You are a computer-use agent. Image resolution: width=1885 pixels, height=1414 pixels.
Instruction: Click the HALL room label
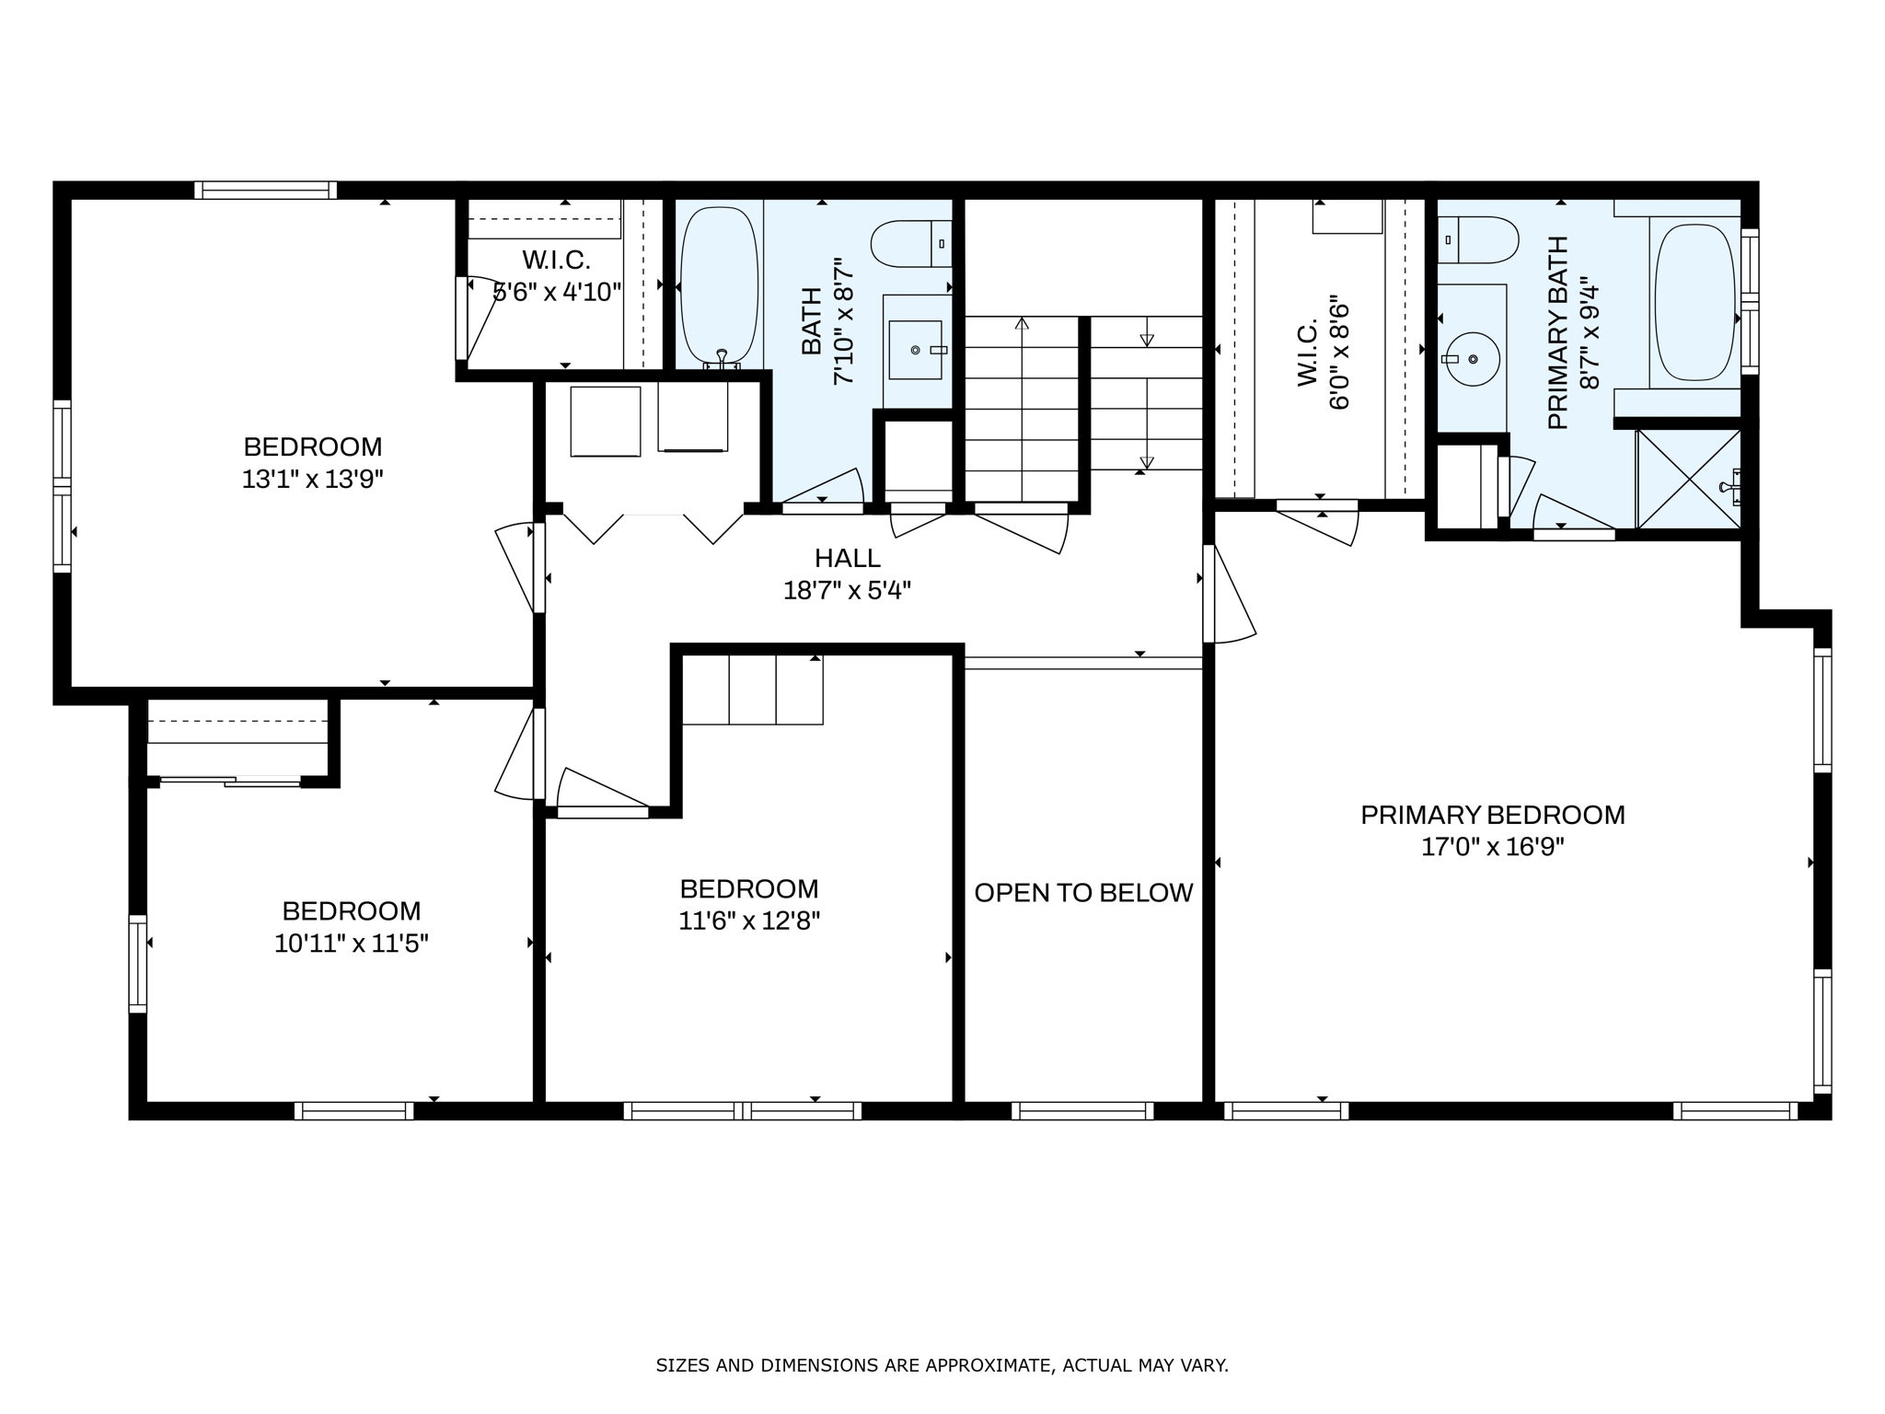point(847,558)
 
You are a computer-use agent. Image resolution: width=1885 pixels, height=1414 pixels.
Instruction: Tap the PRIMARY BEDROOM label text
point(1492,815)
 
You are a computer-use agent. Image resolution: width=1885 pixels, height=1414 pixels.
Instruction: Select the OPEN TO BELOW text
point(1082,893)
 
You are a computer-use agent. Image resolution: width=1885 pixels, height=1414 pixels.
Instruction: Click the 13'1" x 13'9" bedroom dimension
point(312,480)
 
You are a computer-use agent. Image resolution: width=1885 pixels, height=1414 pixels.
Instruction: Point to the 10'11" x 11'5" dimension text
point(352,944)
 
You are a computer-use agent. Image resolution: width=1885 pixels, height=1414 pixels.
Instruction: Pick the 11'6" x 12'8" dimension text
point(748,921)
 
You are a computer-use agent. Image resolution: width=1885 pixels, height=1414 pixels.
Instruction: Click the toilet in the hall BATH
point(909,244)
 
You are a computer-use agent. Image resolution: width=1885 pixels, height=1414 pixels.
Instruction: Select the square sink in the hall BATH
point(914,350)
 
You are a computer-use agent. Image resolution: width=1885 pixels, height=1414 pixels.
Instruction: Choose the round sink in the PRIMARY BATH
point(1473,358)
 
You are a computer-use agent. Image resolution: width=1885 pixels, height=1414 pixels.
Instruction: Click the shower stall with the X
point(1688,480)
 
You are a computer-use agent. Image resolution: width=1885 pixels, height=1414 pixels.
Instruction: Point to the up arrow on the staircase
point(1022,324)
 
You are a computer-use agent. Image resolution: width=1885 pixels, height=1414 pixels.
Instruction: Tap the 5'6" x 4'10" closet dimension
point(558,293)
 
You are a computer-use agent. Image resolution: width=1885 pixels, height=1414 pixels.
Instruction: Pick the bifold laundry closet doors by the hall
point(653,527)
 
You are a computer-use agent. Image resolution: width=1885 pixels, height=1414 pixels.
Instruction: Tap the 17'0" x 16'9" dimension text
point(1492,847)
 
